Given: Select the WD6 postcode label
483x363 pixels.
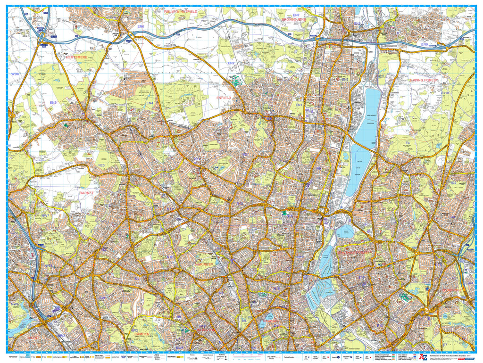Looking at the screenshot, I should [15, 74].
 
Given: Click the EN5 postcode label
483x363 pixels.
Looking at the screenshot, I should [53, 102].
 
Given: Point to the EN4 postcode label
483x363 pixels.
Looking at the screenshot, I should [150, 103].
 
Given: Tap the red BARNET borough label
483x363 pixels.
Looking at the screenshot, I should [86, 193].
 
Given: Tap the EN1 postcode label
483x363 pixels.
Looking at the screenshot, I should [299, 105].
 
